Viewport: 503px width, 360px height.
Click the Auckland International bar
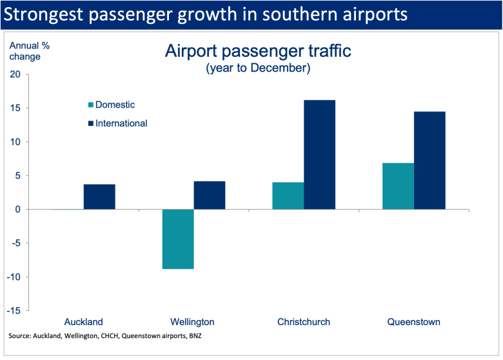(x=99, y=197)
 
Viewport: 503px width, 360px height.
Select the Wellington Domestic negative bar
(x=178, y=239)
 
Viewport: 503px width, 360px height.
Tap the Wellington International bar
(x=210, y=195)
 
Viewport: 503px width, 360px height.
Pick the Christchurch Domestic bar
(x=288, y=196)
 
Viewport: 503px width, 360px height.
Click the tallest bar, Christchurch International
(x=319, y=155)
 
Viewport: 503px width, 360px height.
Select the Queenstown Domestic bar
(x=398, y=186)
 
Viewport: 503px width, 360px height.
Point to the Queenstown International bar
(x=429, y=161)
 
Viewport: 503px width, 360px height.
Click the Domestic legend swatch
(x=91, y=105)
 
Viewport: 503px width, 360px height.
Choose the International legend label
(x=121, y=123)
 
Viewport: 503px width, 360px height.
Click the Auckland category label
(x=84, y=322)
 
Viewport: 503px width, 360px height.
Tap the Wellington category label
(x=193, y=322)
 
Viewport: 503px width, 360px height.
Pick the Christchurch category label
(x=304, y=322)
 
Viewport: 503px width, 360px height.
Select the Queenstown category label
(x=413, y=322)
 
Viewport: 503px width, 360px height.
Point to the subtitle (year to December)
(x=258, y=68)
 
